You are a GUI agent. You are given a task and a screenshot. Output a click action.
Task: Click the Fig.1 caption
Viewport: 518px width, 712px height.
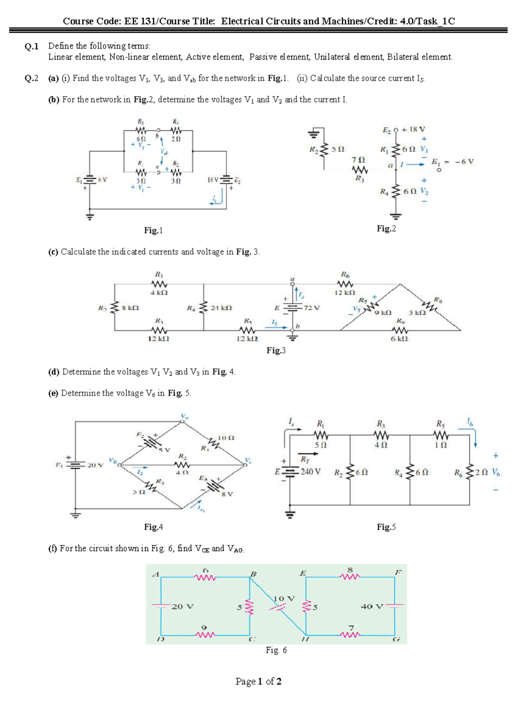[153, 230]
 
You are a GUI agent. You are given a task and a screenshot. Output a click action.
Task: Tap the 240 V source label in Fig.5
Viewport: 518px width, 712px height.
[310, 472]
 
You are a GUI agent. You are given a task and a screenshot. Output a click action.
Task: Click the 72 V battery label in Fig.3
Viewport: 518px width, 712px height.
[312, 308]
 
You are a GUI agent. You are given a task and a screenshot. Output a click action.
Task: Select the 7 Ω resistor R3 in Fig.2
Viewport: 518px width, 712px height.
[360, 170]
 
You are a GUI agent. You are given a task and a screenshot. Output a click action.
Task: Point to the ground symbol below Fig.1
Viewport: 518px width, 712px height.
[90, 216]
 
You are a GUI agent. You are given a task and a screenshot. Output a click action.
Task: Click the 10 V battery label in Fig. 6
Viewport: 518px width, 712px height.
[284, 599]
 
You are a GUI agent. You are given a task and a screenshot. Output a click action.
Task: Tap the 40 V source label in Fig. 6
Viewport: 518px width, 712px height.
[372, 606]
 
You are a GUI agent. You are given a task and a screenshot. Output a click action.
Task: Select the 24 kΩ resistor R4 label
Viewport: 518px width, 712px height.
[221, 308]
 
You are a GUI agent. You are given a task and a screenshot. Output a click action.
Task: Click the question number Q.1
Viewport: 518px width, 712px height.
[32, 46]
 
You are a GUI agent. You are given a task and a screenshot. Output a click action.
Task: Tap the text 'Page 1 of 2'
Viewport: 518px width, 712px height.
[258, 681]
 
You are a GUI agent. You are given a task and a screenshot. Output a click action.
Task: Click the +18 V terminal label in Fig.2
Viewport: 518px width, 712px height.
[413, 129]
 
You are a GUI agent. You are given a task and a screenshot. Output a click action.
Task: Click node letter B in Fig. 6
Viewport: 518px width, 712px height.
[253, 574]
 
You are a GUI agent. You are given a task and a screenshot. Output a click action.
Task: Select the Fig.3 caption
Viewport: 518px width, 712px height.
[276, 350]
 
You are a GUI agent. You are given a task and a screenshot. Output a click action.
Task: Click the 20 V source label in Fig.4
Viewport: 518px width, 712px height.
[95, 465]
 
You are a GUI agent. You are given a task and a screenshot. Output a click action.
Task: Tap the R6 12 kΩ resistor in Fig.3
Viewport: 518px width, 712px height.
[345, 284]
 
